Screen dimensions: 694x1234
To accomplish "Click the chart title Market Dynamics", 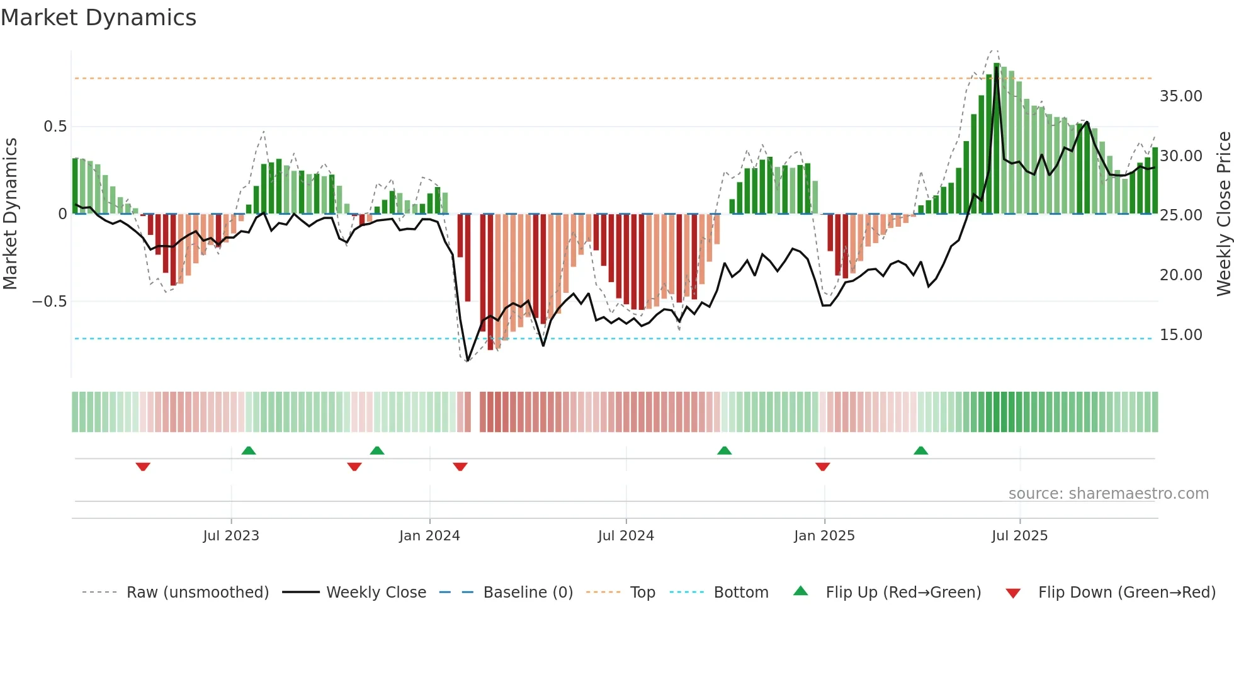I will (x=98, y=18).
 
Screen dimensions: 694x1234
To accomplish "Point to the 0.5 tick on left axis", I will (x=55, y=127).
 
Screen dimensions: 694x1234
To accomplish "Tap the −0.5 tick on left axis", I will (x=50, y=302).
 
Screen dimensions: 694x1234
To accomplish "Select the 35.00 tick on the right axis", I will (x=1180, y=96).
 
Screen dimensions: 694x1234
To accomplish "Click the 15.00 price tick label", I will (x=1180, y=335).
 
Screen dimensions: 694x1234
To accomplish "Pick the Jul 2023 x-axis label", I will (x=231, y=536).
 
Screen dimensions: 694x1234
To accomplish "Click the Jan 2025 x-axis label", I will (x=824, y=536).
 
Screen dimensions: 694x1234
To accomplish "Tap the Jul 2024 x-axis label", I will (x=626, y=536).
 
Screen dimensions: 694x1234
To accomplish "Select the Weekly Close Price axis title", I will (x=1223, y=214).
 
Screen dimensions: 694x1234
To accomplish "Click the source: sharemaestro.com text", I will (x=1108, y=494).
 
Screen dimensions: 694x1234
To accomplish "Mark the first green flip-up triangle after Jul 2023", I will (x=249, y=450).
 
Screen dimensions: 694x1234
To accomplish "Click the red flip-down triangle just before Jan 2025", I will (x=822, y=467).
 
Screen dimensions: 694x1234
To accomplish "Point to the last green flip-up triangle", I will (x=920, y=450).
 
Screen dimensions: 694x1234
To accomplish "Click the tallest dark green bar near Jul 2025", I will (x=997, y=139).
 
